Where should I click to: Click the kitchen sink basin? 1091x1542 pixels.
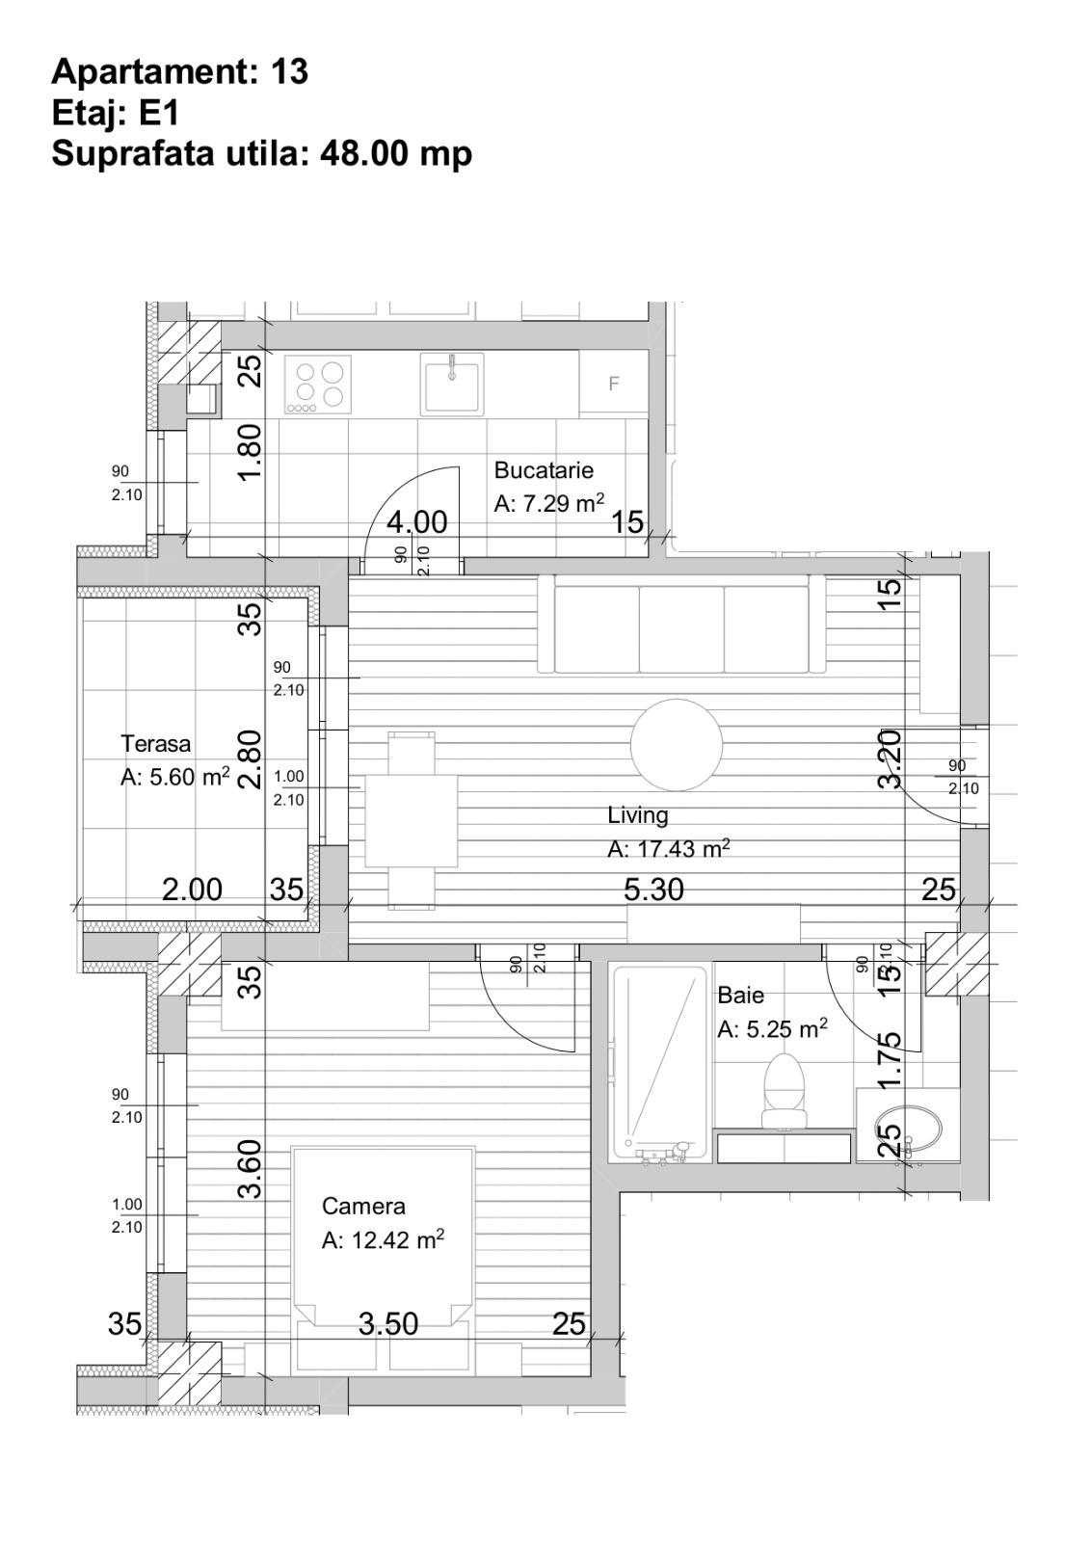(x=453, y=385)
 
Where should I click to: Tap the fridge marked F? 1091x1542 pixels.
(x=613, y=384)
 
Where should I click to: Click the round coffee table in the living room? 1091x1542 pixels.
(x=677, y=745)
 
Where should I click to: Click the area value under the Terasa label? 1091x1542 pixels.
(x=174, y=777)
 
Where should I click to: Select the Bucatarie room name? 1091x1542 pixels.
(x=544, y=470)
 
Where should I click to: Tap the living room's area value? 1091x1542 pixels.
(x=668, y=849)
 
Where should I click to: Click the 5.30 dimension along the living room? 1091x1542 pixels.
(x=653, y=890)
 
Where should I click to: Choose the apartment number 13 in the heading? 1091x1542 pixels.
(x=289, y=71)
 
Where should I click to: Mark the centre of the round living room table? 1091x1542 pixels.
(x=677, y=745)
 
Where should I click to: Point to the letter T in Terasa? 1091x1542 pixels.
(x=127, y=743)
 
